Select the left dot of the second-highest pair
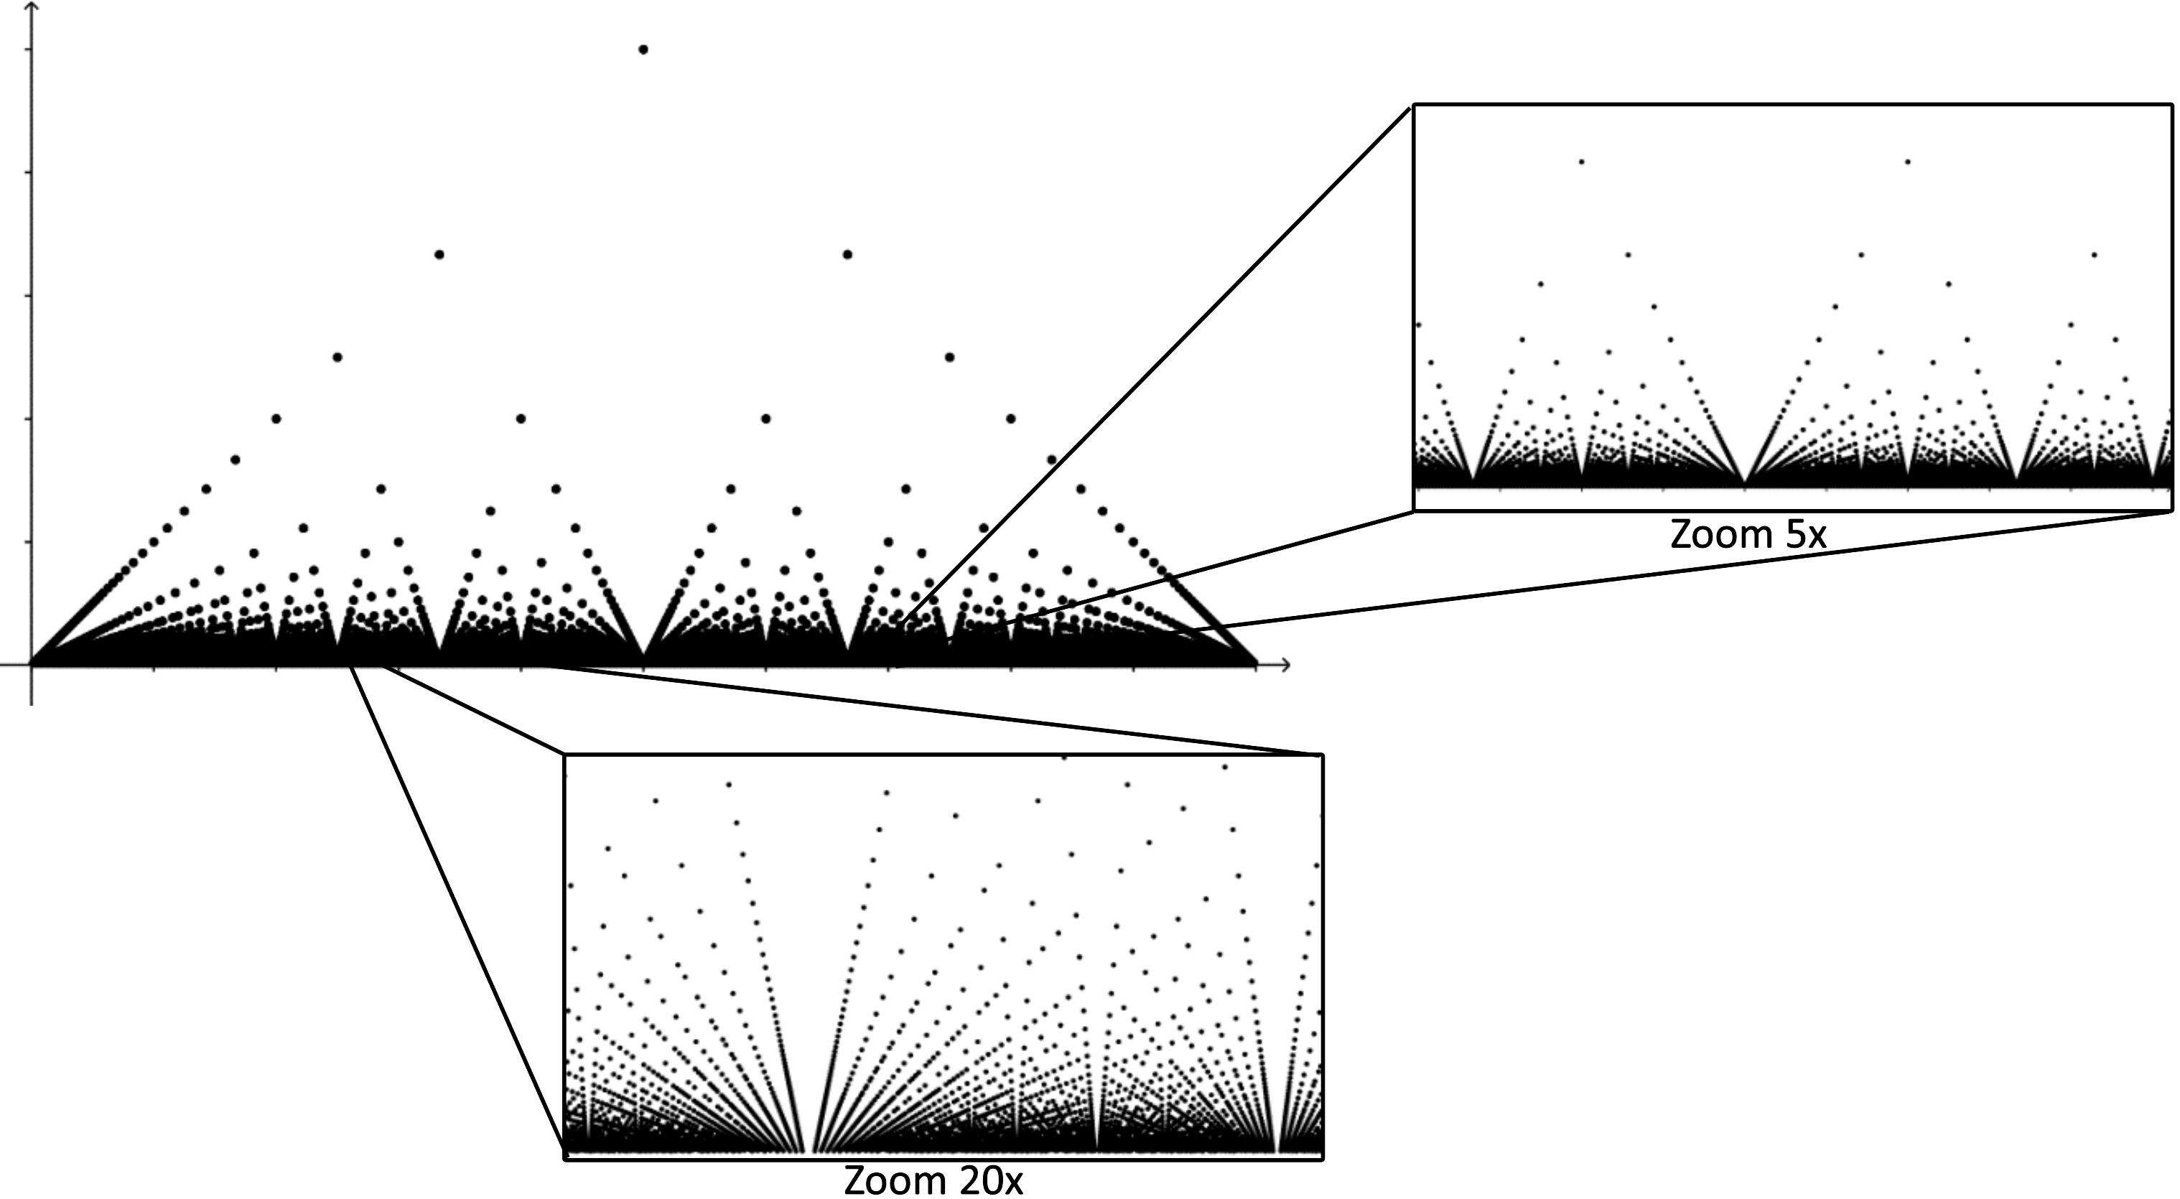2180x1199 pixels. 439,255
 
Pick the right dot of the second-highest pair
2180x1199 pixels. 847,255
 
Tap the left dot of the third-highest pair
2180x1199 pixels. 337,357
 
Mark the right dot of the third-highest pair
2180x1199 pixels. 949,357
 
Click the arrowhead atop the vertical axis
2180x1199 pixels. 32,6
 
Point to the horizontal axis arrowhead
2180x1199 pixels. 1286,665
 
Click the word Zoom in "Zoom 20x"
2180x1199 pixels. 896,1180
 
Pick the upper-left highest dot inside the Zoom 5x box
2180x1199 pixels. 1581,162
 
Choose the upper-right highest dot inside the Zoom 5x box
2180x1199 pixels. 1907,162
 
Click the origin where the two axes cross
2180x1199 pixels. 32,665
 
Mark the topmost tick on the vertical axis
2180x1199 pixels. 32,50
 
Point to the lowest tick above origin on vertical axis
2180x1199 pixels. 32,541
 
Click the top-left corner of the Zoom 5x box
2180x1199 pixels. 1414,105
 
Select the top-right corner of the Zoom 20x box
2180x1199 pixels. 1323,754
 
